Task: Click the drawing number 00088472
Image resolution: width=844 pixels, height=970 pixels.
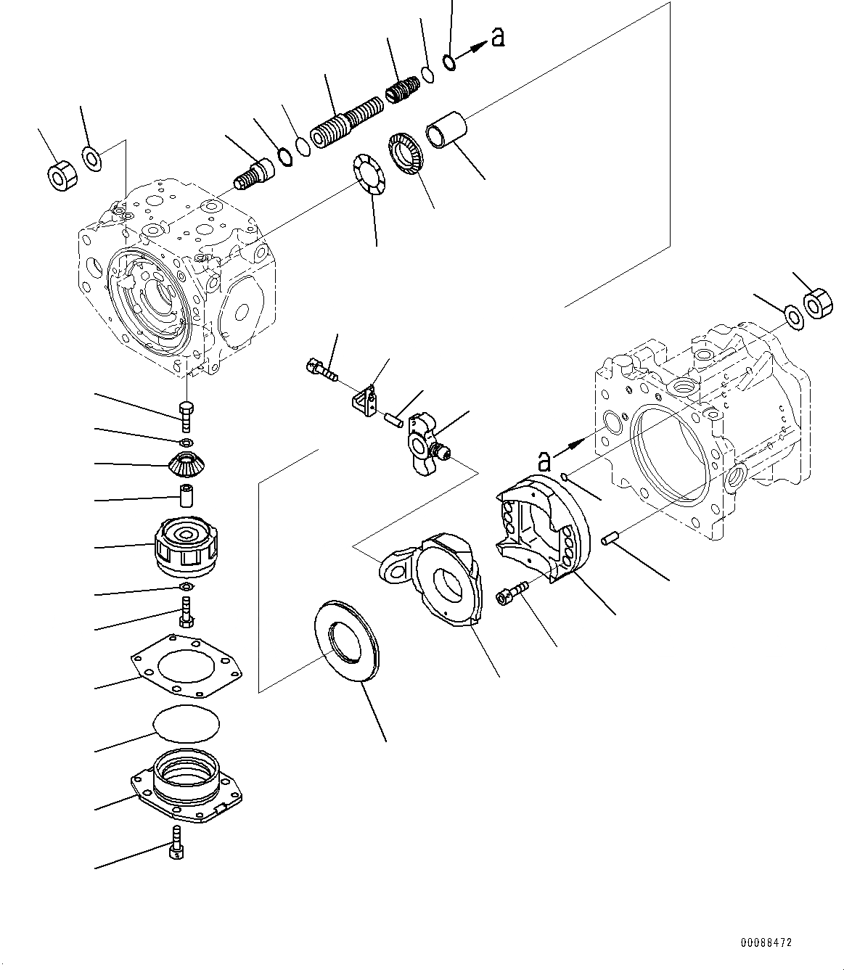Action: tap(766, 943)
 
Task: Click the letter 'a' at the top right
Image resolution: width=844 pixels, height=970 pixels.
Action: tap(497, 36)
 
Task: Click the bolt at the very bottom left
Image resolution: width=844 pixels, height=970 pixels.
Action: tap(176, 842)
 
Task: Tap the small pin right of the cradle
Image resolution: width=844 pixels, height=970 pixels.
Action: tap(609, 539)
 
